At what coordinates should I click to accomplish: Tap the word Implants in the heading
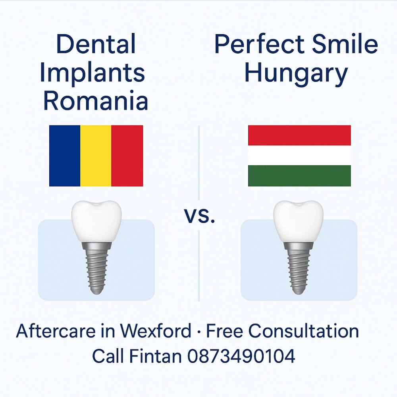pyautogui.click(x=93, y=74)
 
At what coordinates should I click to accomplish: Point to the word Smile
pyautogui.click(x=345, y=44)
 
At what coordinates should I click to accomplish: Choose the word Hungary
pyautogui.click(x=296, y=74)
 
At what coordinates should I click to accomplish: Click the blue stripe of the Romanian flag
pyautogui.click(x=65, y=156)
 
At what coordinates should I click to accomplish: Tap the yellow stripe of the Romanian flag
pyautogui.click(x=96, y=156)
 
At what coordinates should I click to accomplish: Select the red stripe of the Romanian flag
pyautogui.click(x=127, y=156)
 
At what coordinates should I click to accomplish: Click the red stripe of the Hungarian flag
pyautogui.click(x=299, y=135)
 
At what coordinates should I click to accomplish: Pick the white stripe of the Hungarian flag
pyautogui.click(x=299, y=156)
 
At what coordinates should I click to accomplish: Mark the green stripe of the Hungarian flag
pyautogui.click(x=299, y=176)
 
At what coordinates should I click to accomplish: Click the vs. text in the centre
pyautogui.click(x=199, y=216)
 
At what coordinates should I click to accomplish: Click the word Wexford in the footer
pyautogui.click(x=156, y=331)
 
